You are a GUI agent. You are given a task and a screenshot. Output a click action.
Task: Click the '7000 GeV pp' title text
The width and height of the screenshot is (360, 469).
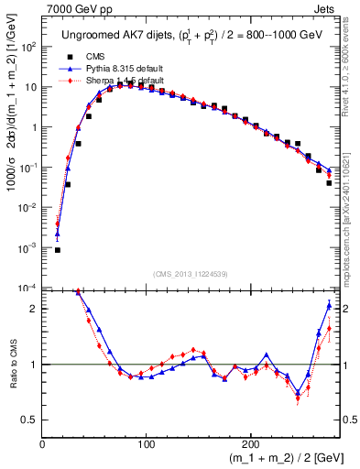[x=76, y=8]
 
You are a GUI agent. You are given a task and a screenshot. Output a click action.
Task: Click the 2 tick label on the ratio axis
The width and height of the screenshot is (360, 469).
[x=33, y=309]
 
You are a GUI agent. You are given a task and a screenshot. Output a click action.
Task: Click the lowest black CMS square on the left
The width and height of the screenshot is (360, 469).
[x=58, y=249]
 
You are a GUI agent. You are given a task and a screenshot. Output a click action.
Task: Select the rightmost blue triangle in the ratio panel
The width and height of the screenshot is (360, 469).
[x=329, y=305]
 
